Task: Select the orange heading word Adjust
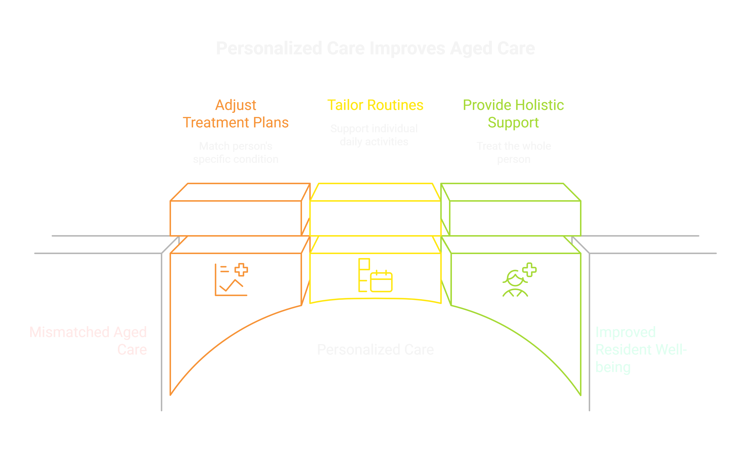(235, 105)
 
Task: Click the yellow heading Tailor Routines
(375, 105)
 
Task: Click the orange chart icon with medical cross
(231, 279)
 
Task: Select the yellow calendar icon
(381, 281)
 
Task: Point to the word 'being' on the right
(613, 367)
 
